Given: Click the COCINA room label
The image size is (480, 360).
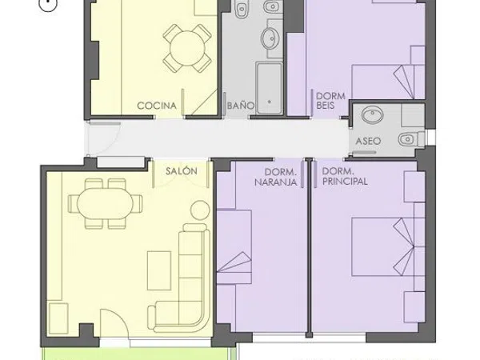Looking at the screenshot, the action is pos(157,106).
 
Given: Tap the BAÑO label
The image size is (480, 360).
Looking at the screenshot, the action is pos(241,106).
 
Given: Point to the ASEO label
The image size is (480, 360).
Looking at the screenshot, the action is pos(368,141).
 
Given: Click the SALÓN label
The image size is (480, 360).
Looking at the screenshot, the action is pos(182,171).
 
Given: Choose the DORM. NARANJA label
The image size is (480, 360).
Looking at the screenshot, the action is pos(276,177).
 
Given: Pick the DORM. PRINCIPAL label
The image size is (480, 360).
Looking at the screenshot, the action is pos(345,177).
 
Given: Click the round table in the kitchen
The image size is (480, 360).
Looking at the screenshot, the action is pos(187,48).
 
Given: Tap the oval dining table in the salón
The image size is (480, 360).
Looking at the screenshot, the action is pos(105,203).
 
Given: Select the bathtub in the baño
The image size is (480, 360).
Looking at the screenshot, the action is pos(269,88).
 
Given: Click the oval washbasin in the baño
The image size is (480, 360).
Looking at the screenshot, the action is pos(270,38).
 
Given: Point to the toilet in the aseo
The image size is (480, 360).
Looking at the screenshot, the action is pos(411,139).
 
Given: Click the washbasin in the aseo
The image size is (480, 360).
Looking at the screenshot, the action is pos(372,115).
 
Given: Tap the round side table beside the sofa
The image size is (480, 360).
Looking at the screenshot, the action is pos(200,210).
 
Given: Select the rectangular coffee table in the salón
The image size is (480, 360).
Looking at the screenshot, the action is pos(159,270).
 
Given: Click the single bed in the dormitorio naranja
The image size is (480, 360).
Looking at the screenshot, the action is pos(234,247).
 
